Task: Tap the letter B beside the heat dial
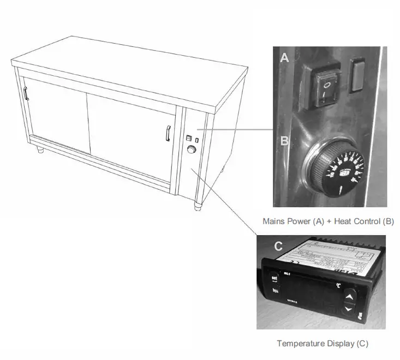coord(284,141)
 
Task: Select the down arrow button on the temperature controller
coord(349,310)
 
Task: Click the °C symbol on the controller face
coord(338,284)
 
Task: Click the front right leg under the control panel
coord(196,206)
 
